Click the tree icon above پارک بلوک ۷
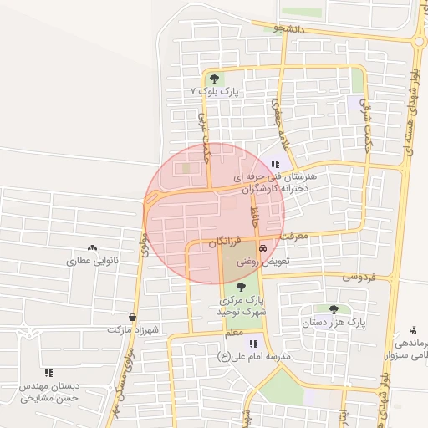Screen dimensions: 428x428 [x=215, y=79]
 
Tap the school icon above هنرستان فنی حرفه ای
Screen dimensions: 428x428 [x=275, y=165]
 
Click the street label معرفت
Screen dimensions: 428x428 [x=294, y=236]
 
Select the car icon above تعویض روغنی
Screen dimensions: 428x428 [x=263, y=248]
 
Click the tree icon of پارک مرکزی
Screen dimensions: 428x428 [x=242, y=287]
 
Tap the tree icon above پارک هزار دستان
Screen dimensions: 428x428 [x=334, y=309]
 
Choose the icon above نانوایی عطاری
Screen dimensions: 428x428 [x=92, y=248]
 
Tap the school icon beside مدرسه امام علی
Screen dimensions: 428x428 [x=253, y=344]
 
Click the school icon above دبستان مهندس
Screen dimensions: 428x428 [x=48, y=373]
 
